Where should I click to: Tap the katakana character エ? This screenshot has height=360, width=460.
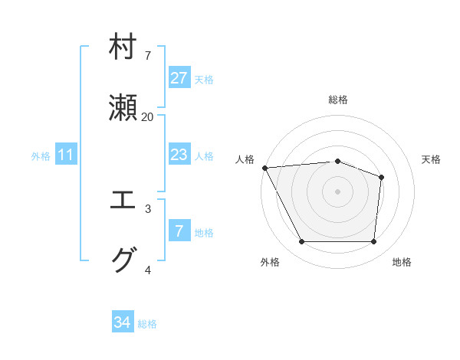[123, 201]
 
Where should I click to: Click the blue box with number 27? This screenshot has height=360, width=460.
[179, 78]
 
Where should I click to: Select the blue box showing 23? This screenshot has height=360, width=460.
[179, 155]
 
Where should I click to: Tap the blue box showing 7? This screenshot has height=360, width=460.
[179, 231]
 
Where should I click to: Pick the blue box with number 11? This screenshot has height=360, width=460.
[66, 155]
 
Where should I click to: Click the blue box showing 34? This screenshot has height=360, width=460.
[123, 322]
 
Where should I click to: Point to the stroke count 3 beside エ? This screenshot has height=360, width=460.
[147, 208]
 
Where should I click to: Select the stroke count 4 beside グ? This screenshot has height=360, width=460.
[147, 270]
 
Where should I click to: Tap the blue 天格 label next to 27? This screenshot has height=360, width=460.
[204, 79]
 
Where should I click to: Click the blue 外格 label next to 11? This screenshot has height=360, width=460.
[41, 155]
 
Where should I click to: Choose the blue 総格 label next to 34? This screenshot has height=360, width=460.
[147, 323]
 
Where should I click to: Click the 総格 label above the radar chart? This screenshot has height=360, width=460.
[338, 100]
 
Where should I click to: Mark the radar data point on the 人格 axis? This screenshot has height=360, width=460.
[264, 168]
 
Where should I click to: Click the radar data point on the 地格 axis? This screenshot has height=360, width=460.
[373, 242]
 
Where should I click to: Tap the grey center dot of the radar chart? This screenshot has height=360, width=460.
[337, 191]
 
